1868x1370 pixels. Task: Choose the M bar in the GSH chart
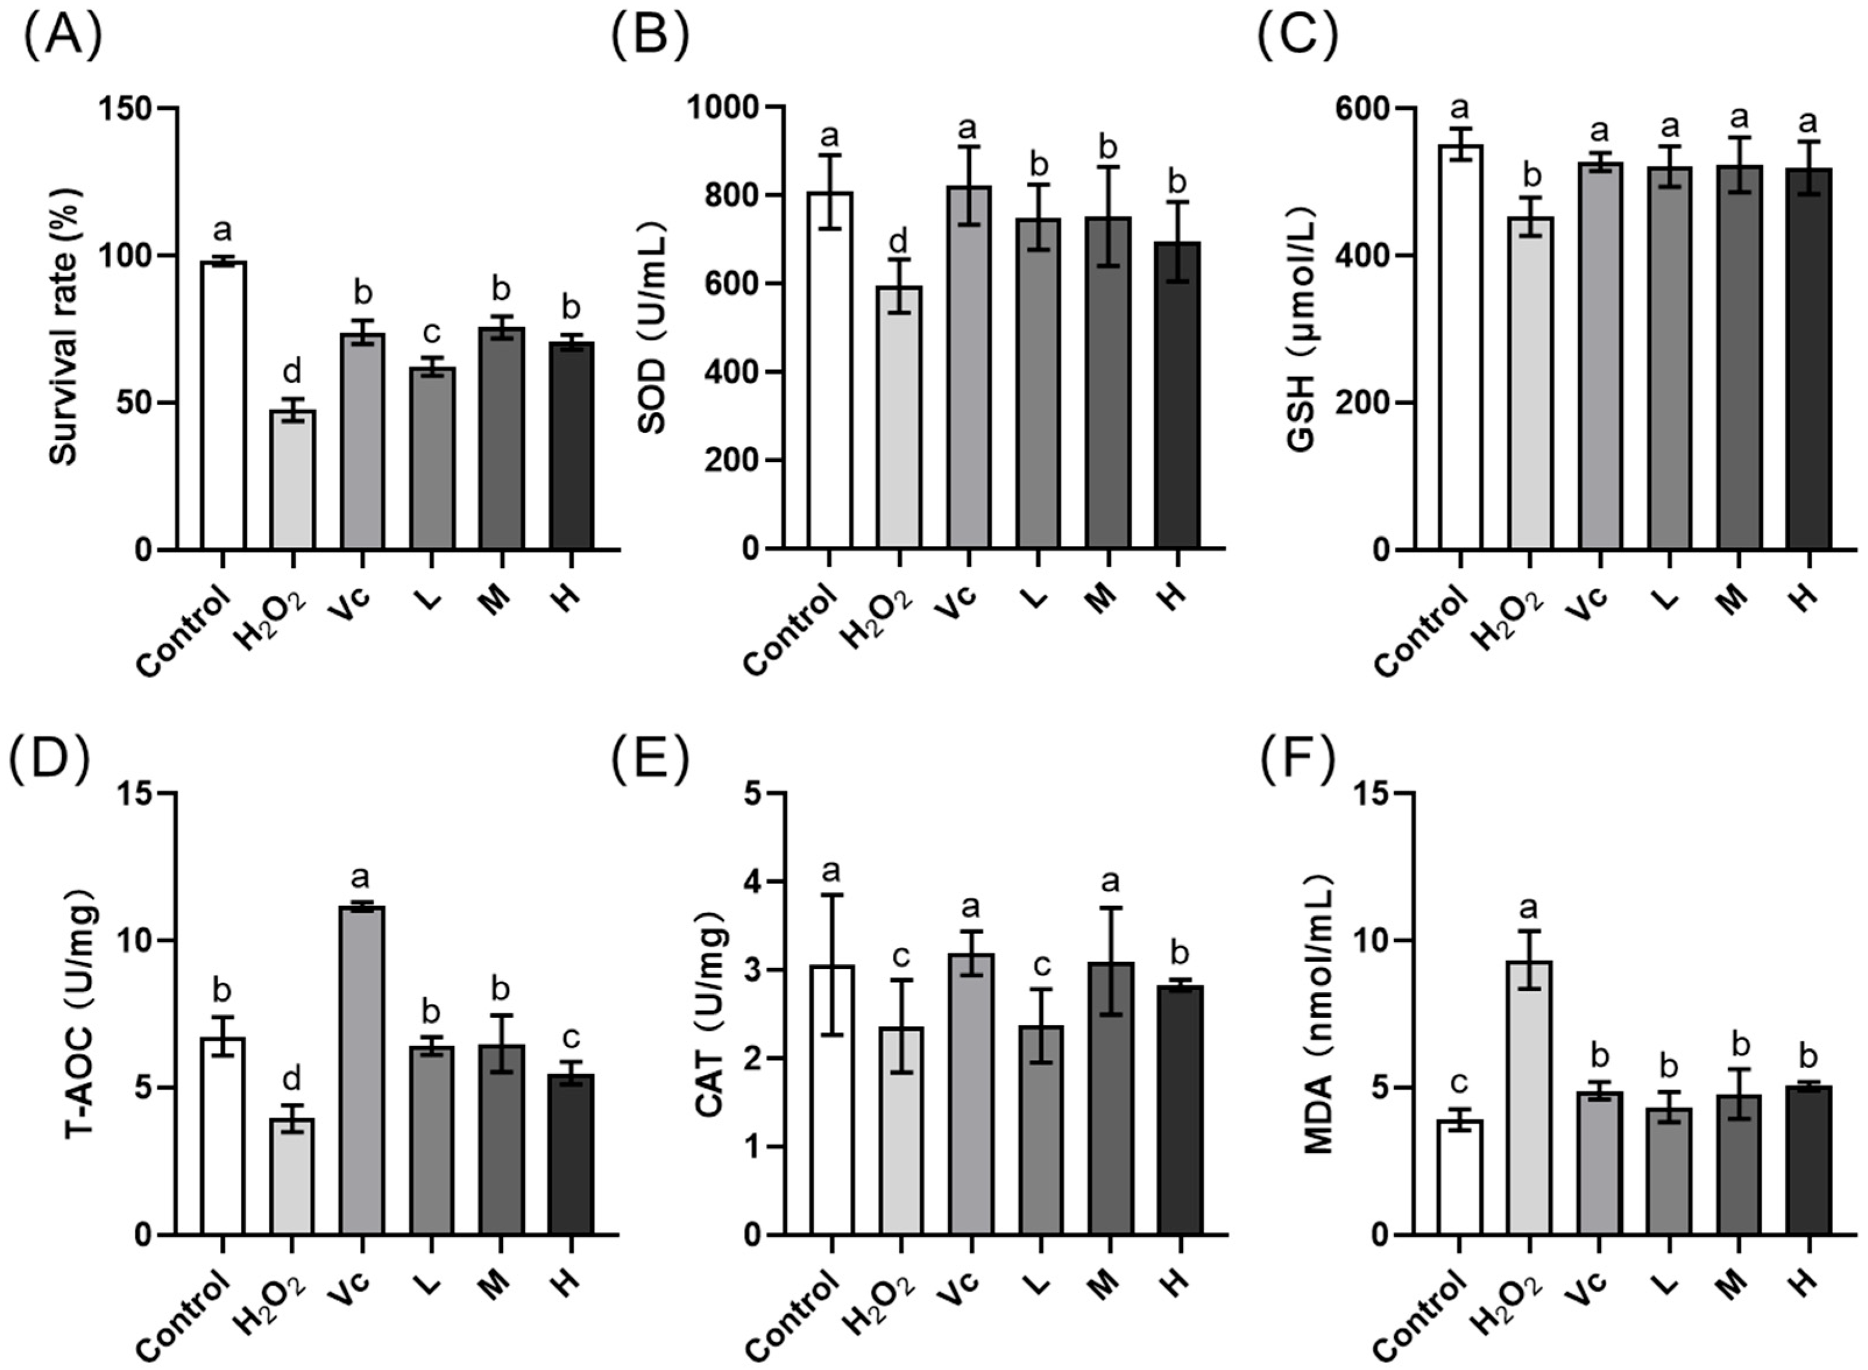[x=1739, y=357]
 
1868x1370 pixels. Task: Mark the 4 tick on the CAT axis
[x=752, y=882]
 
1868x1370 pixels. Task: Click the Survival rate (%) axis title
[x=64, y=332]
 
